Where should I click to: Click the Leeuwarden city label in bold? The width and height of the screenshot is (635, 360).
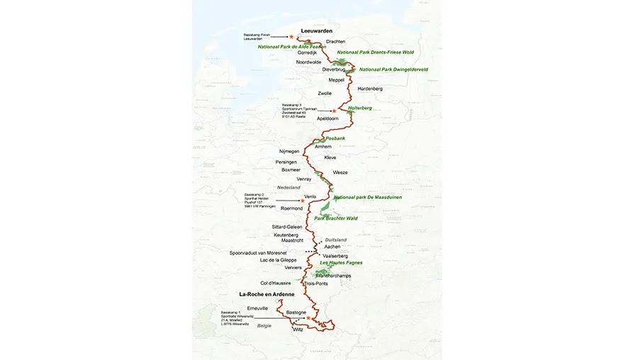[317, 30]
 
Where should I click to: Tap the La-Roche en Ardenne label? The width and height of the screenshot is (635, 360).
[266, 293]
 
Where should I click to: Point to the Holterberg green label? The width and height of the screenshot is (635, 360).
[360, 108]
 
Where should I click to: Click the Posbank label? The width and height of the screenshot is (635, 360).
[335, 138]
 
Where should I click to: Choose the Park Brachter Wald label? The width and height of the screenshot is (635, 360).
[339, 218]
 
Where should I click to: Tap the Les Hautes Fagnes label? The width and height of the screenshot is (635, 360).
[341, 263]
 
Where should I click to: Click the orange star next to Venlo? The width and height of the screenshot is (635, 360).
[303, 201]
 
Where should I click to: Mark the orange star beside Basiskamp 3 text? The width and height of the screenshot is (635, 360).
[334, 111]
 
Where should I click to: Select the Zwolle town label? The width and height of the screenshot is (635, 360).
[325, 93]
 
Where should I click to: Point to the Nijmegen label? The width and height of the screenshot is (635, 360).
[290, 152]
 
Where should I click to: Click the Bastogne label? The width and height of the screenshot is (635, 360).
[296, 312]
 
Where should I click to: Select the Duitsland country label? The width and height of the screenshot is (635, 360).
[337, 240]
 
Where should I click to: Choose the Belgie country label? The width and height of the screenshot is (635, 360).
[264, 325]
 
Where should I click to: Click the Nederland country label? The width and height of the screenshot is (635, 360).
[288, 187]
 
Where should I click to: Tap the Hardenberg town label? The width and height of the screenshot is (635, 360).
[370, 89]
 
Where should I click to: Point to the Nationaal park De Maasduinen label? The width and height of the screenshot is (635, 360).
[367, 197]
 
